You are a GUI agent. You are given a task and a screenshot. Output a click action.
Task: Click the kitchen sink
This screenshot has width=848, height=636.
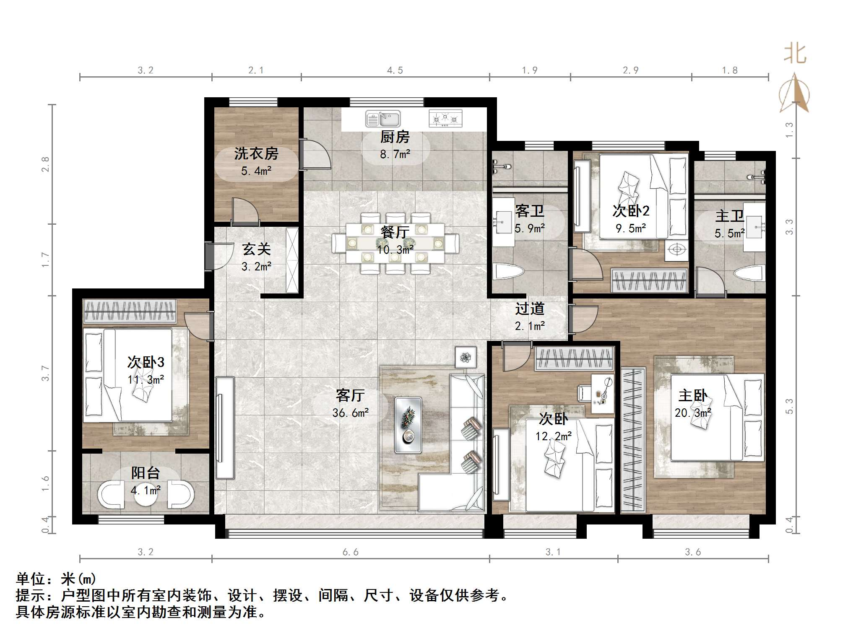[382, 119]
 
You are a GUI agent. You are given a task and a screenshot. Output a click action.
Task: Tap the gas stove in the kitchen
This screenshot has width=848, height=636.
[445, 119]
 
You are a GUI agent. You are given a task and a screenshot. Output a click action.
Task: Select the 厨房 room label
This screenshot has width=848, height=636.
[395, 137]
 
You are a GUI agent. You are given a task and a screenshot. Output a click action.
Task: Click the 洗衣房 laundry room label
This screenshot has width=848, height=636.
[256, 153]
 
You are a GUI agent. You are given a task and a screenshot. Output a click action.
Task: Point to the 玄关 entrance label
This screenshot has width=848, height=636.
[256, 249]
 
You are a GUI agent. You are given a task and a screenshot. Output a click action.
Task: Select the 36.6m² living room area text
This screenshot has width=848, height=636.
[351, 413]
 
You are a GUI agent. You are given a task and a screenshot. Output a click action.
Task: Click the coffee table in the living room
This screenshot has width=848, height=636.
[408, 425]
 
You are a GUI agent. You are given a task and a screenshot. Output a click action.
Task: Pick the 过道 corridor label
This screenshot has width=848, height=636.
[530, 309]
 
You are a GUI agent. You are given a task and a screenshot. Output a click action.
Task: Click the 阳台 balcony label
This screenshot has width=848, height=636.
[146, 473]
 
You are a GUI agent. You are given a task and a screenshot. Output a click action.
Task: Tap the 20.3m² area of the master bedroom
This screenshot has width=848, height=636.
[693, 413]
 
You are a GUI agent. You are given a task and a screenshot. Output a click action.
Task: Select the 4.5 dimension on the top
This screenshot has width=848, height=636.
[395, 70]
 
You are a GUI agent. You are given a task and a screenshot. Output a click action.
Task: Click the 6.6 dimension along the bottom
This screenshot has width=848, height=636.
[351, 552]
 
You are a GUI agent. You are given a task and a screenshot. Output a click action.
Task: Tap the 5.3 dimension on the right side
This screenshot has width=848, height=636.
[789, 406]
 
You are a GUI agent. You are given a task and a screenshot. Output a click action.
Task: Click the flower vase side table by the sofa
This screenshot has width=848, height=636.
[466, 357]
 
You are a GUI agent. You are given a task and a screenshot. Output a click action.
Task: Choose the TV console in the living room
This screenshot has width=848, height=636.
[225, 428]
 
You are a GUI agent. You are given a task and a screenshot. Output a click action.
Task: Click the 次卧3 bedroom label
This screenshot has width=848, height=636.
[146, 362]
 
